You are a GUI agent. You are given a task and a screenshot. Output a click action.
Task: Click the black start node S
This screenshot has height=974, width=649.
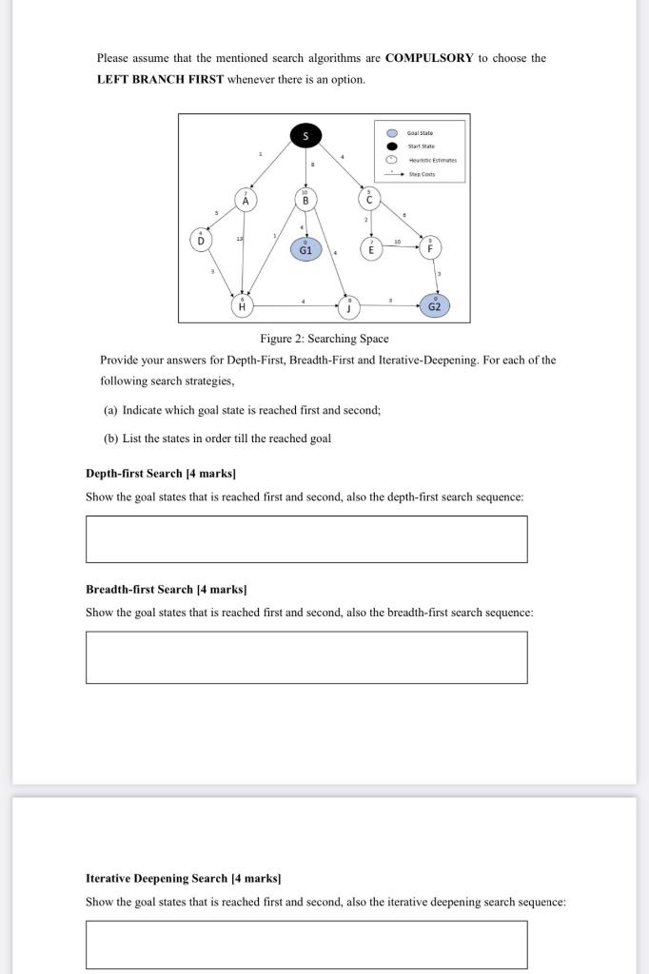305,136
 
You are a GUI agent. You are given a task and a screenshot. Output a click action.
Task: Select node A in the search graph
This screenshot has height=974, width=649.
246,200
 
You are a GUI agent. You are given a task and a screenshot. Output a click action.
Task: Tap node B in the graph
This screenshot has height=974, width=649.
305,200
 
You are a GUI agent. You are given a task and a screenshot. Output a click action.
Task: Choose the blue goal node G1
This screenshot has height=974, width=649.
305,249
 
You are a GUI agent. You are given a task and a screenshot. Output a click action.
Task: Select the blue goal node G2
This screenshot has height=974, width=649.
435,305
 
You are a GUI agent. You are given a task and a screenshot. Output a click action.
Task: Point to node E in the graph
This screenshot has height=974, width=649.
371,247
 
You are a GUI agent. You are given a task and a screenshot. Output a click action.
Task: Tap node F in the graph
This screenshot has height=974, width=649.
430,245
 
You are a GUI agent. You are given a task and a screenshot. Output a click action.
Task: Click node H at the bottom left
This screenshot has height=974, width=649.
242,305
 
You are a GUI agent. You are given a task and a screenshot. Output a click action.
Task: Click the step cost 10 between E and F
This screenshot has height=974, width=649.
398,241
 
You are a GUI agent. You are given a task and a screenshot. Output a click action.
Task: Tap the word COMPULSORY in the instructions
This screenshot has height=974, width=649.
428,58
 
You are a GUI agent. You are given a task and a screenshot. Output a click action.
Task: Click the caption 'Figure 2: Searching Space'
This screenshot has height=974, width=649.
324,339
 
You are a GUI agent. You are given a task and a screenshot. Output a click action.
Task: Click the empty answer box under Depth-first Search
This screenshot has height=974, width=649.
305,539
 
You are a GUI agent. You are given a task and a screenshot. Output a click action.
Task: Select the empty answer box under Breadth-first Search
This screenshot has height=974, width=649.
305,657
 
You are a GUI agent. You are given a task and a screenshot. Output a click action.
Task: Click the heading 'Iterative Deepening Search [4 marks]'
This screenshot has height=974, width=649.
184,878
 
